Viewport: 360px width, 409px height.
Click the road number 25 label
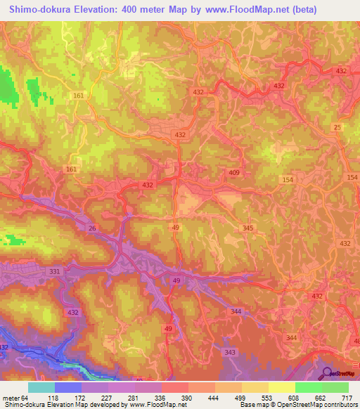(x=337, y=127)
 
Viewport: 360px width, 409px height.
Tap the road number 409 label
(x=234, y=172)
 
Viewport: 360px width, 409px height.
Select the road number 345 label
(x=247, y=228)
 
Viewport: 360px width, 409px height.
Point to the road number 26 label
(x=91, y=228)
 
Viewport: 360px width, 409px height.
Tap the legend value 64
(x=27, y=397)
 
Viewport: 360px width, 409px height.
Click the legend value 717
(x=347, y=397)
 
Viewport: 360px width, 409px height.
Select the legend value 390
(x=187, y=397)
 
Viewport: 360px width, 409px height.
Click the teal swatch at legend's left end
(x=41, y=387)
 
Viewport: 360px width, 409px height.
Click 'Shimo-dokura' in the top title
(x=37, y=10)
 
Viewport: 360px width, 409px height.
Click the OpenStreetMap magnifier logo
(x=326, y=375)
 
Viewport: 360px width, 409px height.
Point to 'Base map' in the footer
(x=252, y=405)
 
